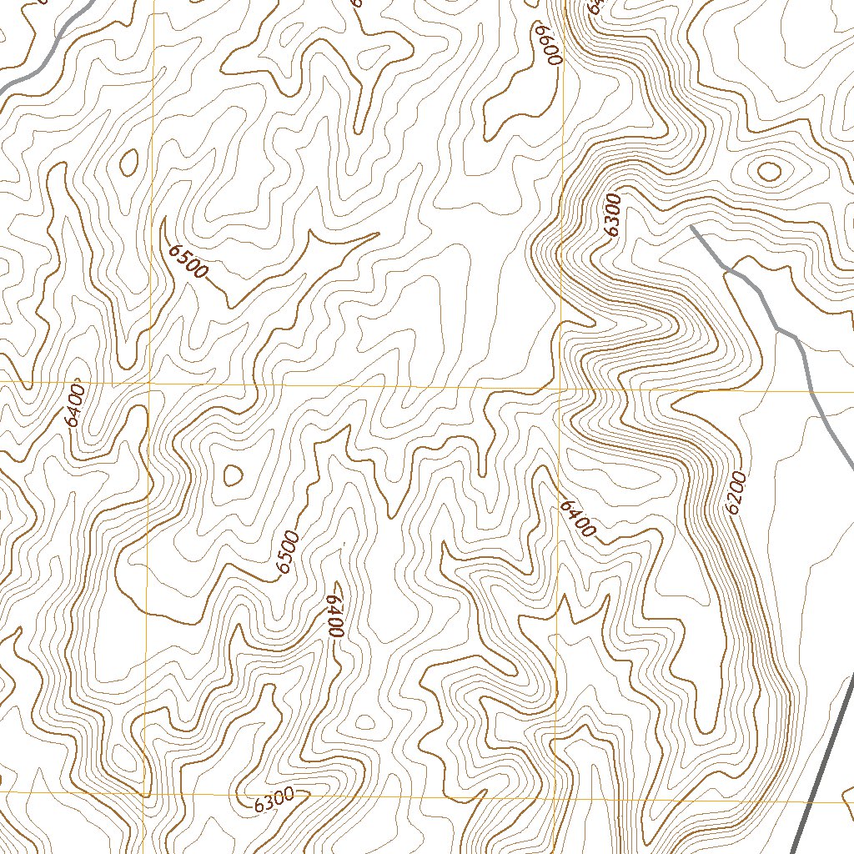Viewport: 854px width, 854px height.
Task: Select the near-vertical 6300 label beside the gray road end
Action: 613,216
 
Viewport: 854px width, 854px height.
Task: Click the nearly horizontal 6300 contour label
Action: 274,800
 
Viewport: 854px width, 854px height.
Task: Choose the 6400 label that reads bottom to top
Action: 75,404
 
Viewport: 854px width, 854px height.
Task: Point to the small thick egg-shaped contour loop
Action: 129,163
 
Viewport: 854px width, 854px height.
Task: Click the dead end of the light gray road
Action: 692,226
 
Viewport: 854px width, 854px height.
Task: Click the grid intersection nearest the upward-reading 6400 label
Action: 150,383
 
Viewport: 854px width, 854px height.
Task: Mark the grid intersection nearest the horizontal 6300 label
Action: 143,796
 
